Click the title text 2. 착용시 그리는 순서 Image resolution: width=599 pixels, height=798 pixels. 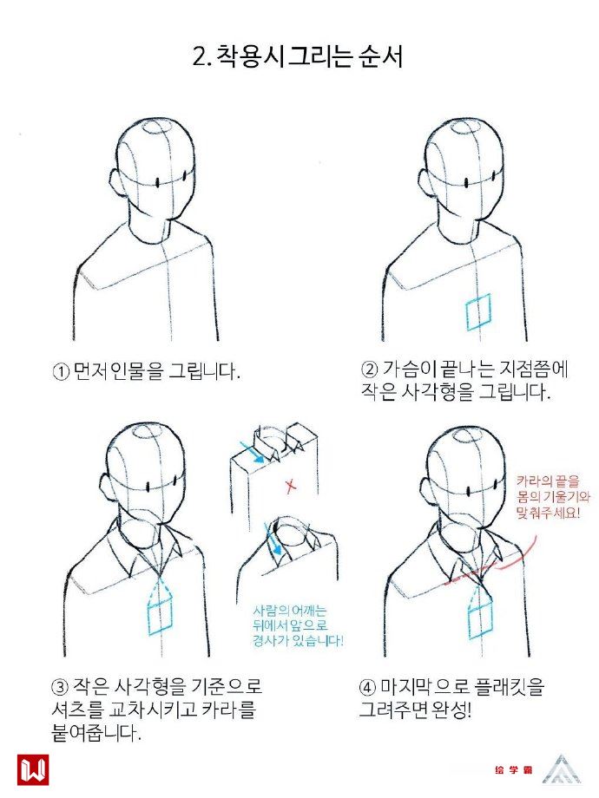298,56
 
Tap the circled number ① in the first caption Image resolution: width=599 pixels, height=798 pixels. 61,371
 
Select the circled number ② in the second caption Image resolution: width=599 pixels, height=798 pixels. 369,369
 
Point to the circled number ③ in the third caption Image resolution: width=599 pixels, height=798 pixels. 60,687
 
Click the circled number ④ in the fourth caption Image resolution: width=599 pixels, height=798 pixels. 367,688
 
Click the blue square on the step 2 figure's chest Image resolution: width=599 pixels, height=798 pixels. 477,312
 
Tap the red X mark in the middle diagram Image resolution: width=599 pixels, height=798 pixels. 291,486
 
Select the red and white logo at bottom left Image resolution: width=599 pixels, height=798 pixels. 33,769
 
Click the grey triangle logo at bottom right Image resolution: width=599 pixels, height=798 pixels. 562,769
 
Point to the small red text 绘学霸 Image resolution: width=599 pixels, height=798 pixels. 513,770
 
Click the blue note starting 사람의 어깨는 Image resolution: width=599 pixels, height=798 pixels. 298,625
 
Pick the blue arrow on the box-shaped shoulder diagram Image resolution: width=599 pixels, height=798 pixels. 253,452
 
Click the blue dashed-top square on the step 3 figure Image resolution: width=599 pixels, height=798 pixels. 160,605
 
